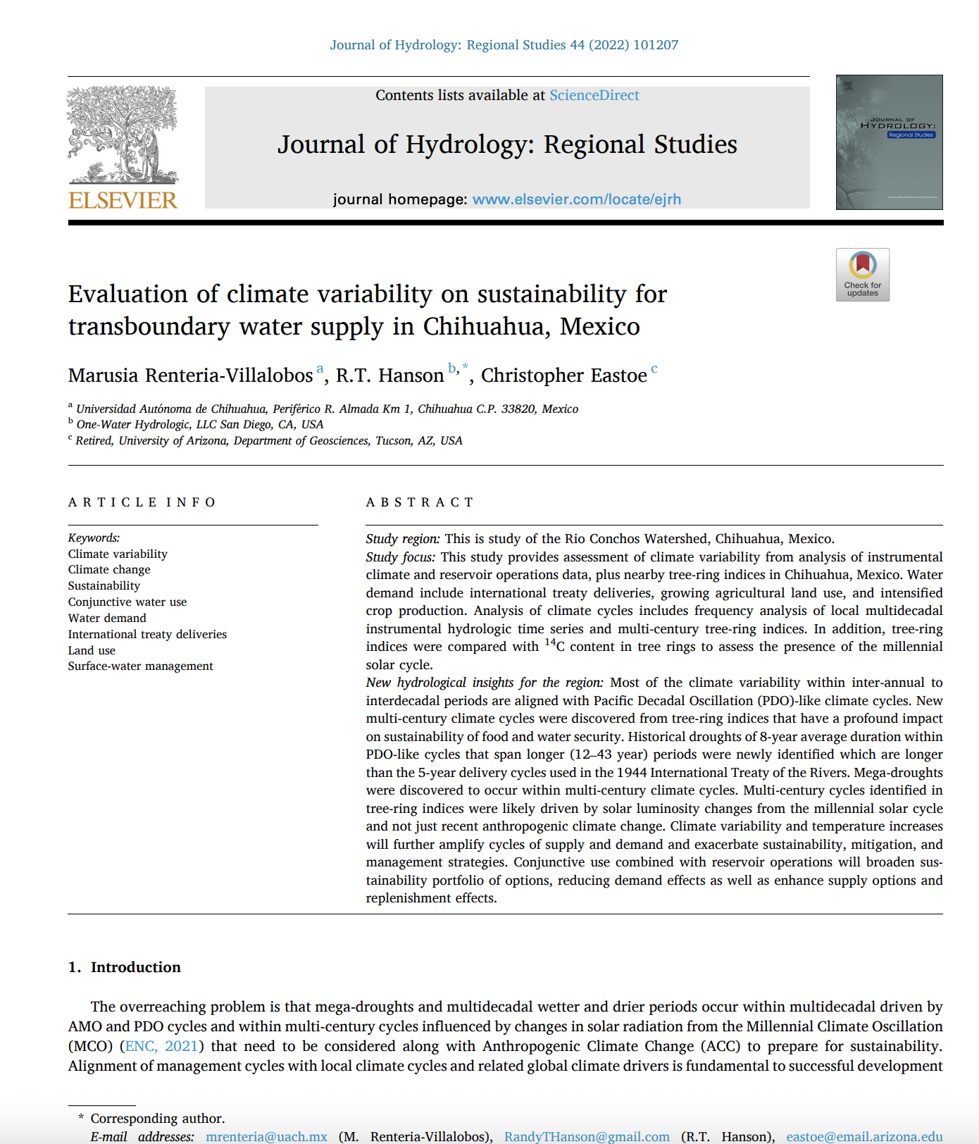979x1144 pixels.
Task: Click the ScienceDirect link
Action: (594, 95)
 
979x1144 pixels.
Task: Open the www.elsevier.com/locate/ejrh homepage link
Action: (576, 199)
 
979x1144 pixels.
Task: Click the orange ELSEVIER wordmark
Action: (123, 200)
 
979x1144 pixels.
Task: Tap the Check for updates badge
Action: (862, 275)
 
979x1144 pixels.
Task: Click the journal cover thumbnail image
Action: (889, 142)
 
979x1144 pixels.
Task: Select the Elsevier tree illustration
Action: (123, 134)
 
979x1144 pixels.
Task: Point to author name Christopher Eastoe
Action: (563, 375)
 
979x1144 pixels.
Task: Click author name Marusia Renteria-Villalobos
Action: (190, 375)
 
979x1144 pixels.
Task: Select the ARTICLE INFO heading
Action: (142, 502)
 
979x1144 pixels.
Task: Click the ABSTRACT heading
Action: (420, 502)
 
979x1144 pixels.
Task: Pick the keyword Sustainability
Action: (104, 585)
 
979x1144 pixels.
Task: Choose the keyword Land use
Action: (92, 650)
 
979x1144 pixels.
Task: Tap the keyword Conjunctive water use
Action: (127, 602)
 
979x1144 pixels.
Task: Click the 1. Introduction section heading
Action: (125, 967)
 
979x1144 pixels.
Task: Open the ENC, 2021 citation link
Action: (161, 1046)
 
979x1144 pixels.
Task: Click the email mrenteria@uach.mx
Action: (266, 1136)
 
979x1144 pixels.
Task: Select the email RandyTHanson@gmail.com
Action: (587, 1136)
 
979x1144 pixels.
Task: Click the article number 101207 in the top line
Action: (656, 45)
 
